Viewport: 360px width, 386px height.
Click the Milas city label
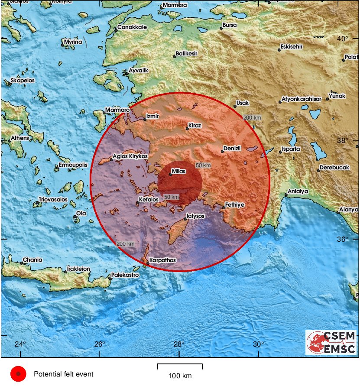pos(178,172)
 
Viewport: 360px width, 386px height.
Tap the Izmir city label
pos(153,117)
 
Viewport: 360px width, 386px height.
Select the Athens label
pos(20,138)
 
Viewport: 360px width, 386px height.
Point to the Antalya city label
pos(298,191)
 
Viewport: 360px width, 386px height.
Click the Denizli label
pos(231,149)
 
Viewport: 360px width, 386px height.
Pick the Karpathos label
pos(162,261)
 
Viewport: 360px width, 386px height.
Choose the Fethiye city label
pos(234,204)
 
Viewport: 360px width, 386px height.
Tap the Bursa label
pos(229,25)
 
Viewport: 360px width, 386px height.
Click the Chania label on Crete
pos(32,260)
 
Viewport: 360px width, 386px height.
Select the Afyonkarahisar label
pos(301,99)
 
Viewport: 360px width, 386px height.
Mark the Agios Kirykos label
pos(130,156)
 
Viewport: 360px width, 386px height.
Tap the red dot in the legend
pos(18,374)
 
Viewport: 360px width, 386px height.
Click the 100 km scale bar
pos(180,367)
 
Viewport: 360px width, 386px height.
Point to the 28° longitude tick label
pos(179,344)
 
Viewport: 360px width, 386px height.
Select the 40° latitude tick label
pos(342,39)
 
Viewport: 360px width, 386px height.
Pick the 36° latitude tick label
pos(342,240)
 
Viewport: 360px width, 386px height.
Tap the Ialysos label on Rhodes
pos(195,216)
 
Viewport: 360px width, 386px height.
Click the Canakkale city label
pos(133,27)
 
